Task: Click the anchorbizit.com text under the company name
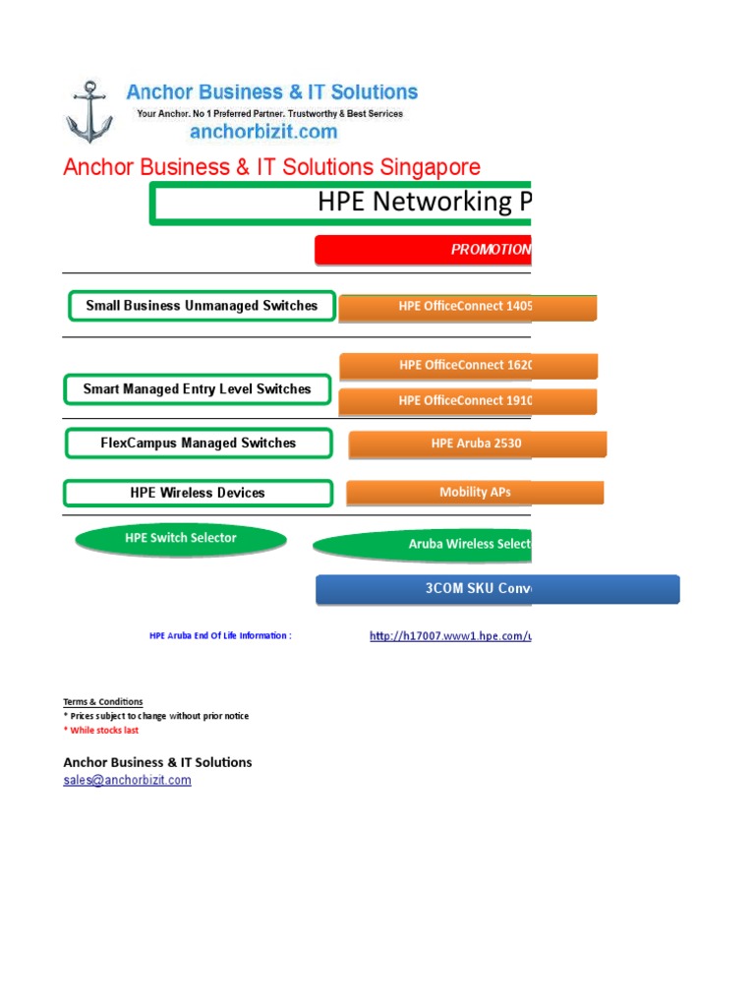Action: [263, 131]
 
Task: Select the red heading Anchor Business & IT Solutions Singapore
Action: [271, 166]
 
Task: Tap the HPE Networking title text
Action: [424, 202]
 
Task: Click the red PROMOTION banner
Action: [423, 250]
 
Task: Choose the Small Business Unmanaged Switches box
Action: [202, 306]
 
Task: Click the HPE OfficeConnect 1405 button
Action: [467, 307]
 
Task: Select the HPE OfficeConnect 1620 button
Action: [467, 366]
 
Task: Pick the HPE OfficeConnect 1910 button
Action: [467, 401]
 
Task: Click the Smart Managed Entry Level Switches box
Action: [197, 389]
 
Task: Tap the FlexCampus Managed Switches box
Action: [198, 444]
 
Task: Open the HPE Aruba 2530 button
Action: [477, 444]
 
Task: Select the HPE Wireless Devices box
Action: [197, 493]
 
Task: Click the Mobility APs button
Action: [475, 493]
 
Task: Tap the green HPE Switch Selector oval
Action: [181, 539]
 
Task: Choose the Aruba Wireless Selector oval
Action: [423, 545]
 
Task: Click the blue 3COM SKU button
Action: [496, 589]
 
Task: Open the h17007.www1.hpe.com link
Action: [449, 636]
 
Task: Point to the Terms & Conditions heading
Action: [103, 702]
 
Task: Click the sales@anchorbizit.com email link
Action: [127, 781]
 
